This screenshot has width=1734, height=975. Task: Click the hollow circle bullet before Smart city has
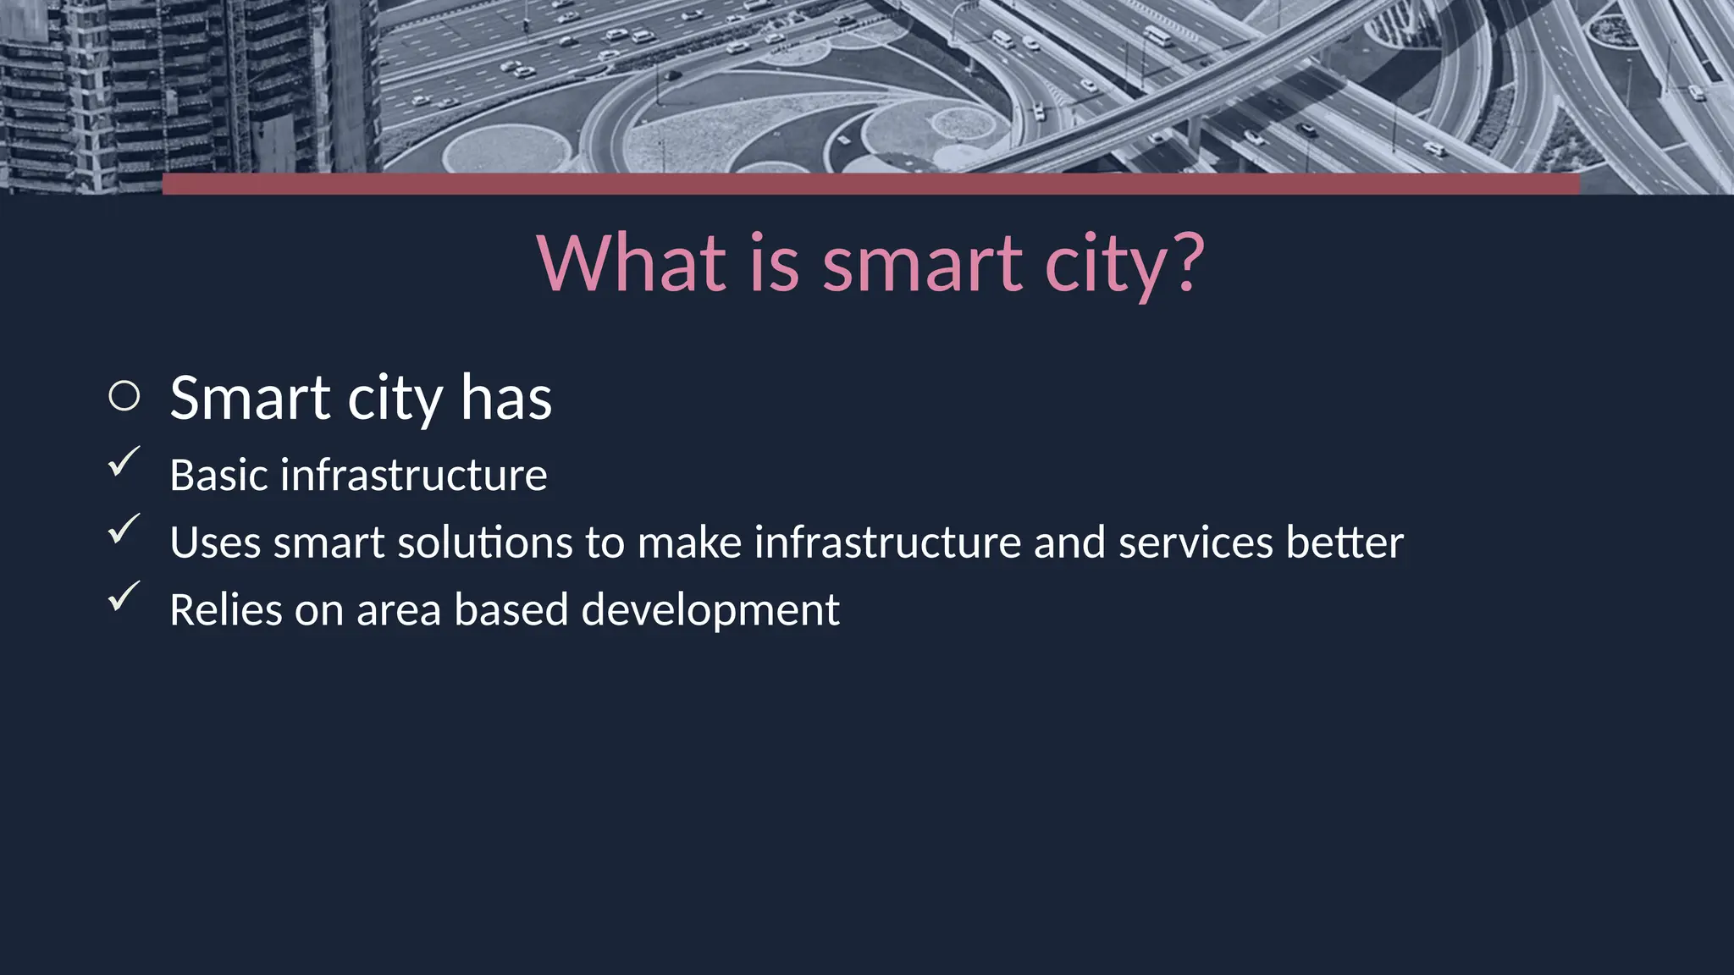tap(124, 396)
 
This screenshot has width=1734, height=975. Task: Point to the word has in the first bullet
tap(505, 398)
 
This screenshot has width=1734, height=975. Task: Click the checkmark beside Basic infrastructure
tap(124, 462)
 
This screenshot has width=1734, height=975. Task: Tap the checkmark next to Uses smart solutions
tap(124, 530)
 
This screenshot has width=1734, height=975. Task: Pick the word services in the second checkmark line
tap(1195, 543)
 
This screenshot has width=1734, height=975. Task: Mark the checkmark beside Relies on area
tap(124, 597)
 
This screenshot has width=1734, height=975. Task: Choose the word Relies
tap(225, 610)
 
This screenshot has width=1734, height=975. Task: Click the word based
tap(511, 610)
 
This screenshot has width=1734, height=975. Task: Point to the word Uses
tap(215, 543)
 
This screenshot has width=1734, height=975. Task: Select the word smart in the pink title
tap(923, 264)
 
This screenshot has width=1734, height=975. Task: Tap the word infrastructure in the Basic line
tap(413, 475)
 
